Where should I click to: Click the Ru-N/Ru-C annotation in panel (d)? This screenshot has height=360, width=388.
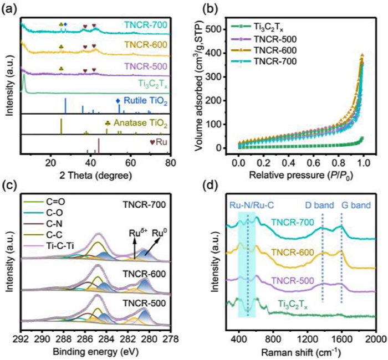(x=246, y=206)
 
